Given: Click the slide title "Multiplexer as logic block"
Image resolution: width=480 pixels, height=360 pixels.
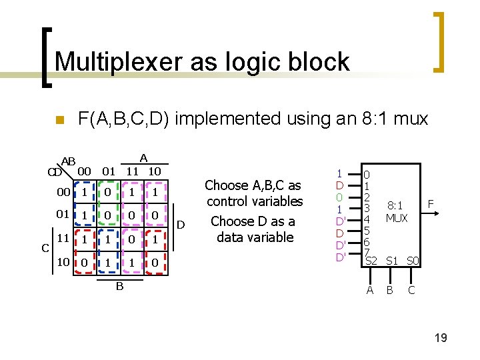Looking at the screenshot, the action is click(202, 62).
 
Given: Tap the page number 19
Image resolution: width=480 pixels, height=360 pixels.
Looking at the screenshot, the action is click(440, 338).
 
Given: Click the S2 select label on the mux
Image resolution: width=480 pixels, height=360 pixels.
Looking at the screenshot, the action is click(371, 261).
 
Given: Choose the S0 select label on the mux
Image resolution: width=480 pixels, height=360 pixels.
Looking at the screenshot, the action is click(413, 261).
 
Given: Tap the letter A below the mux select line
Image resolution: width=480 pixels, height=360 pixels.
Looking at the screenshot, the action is click(370, 290).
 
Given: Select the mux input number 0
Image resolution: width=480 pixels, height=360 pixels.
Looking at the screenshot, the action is click(367, 175).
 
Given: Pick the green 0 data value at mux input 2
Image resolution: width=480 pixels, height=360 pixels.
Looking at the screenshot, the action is click(339, 197).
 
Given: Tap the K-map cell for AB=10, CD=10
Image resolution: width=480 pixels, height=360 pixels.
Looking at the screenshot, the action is click(154, 263).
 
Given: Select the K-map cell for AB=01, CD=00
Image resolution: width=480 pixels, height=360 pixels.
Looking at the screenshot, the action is click(107, 192).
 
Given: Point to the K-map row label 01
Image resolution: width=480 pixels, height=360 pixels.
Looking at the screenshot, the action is click(63, 215).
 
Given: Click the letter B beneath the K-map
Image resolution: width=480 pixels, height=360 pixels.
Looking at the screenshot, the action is click(119, 287).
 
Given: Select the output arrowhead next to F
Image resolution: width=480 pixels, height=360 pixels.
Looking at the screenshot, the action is click(437, 213).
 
